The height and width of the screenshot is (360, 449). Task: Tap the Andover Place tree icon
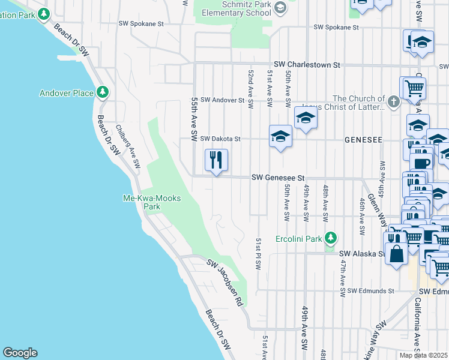tap(104, 92)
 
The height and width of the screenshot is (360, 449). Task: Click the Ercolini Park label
tap(298, 239)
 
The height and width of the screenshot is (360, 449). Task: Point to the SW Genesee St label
tap(279, 178)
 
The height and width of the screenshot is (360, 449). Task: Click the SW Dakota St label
tap(220, 139)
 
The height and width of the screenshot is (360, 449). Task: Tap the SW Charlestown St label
tap(307, 64)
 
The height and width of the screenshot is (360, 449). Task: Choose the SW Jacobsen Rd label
tap(224, 282)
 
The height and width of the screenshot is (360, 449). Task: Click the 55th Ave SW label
tap(194, 120)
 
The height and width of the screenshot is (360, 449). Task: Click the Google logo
tap(20, 353)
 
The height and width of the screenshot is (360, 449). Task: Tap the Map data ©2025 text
tap(424, 355)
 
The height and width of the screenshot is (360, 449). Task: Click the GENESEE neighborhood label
tap(363, 139)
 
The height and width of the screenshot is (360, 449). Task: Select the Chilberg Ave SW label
tap(128, 146)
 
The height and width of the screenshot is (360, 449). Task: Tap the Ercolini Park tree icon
tap(329, 238)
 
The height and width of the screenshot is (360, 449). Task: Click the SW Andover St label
tap(222, 100)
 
